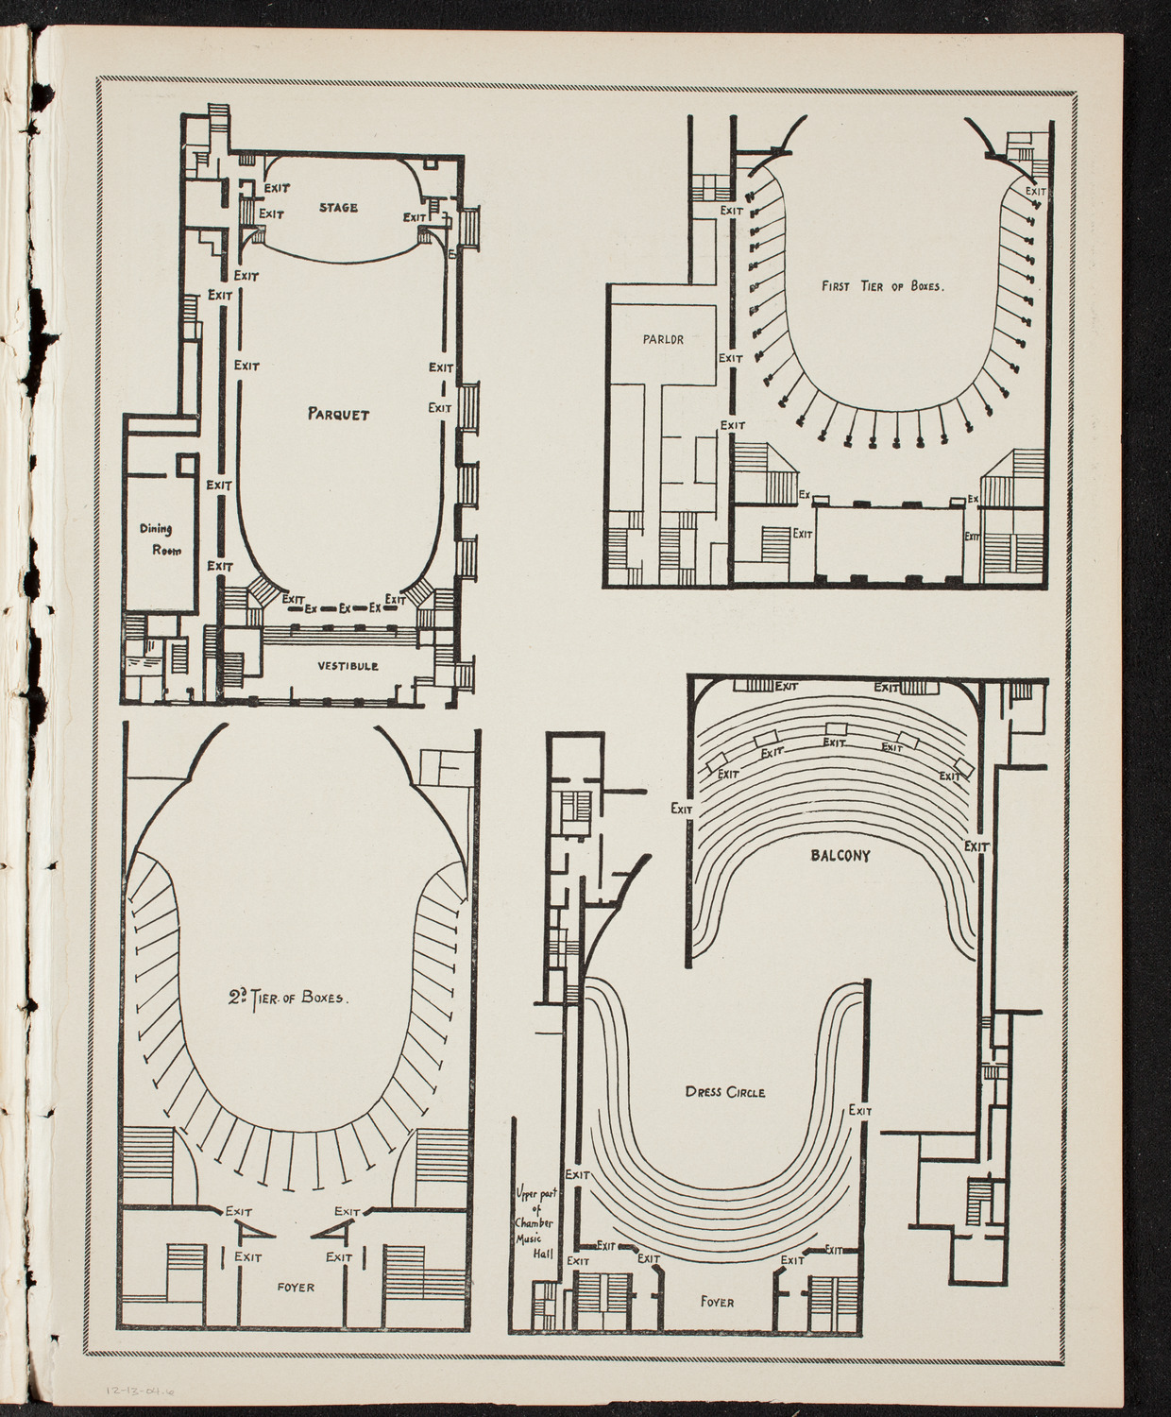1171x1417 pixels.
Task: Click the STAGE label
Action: pos(338,207)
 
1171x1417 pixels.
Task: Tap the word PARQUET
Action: pos(338,414)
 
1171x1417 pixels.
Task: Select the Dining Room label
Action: pos(158,539)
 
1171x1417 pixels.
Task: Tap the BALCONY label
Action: pos(840,856)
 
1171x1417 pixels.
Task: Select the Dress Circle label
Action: pos(725,1092)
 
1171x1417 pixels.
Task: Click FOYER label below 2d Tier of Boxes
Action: pos(295,1287)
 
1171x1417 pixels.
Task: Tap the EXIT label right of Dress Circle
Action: pos(860,1111)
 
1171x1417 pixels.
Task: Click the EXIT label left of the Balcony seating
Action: pos(682,809)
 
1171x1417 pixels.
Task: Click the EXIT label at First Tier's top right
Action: pos(1036,191)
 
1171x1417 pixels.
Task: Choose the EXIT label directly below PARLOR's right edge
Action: pos(731,358)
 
